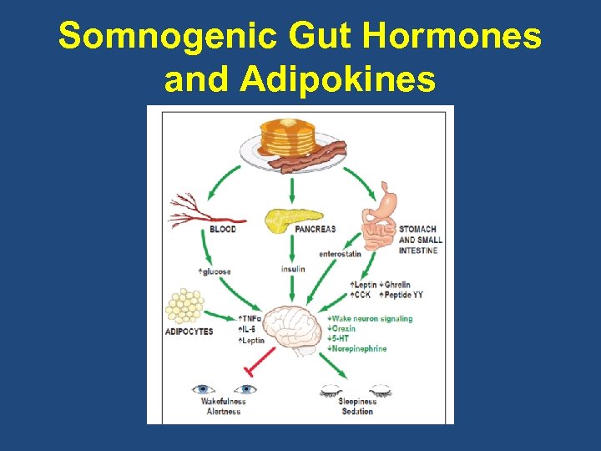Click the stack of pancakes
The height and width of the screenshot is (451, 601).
(x=287, y=136)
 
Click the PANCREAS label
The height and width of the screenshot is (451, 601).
(x=316, y=229)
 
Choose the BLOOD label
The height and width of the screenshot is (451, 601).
(x=223, y=229)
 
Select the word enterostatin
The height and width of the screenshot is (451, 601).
(x=340, y=253)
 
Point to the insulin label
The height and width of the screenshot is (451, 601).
(x=293, y=269)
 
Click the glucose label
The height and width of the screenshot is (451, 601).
(x=215, y=271)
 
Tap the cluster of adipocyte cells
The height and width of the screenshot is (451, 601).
(x=184, y=305)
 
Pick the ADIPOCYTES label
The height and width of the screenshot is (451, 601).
(x=189, y=332)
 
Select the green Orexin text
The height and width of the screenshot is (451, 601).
(x=341, y=328)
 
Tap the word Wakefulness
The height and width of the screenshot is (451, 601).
(x=223, y=402)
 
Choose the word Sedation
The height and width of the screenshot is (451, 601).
(x=357, y=412)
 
